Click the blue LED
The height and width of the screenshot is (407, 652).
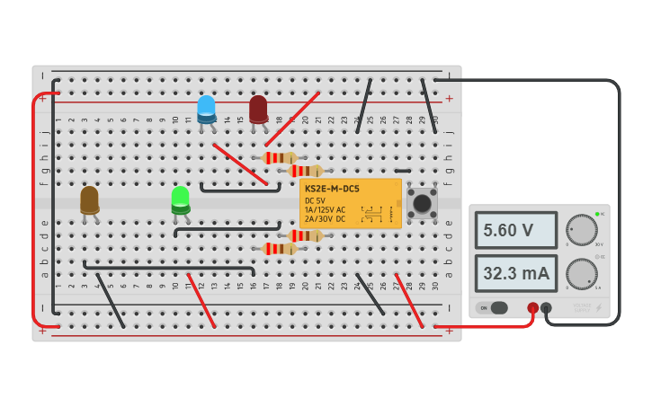coord(206,109)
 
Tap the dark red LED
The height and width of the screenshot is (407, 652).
coord(258,109)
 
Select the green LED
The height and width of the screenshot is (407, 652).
coord(181,199)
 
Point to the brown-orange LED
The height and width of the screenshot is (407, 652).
coord(89,199)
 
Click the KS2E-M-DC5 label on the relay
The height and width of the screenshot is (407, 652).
coord(332,189)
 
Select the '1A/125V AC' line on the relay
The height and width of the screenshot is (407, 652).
coord(325,209)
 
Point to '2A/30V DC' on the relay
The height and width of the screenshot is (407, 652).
coord(325,218)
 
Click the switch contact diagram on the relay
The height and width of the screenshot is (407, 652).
coord(372,214)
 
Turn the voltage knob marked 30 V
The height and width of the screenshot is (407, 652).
coord(582,230)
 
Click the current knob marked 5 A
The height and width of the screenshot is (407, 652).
coord(582,273)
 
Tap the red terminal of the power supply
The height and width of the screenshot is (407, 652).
coord(532,308)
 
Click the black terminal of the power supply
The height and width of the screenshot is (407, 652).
coord(546,308)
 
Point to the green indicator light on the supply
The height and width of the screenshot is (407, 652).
coord(597,214)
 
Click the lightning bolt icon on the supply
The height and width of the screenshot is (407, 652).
coord(598,308)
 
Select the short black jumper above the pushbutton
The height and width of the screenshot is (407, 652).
coord(402,171)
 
